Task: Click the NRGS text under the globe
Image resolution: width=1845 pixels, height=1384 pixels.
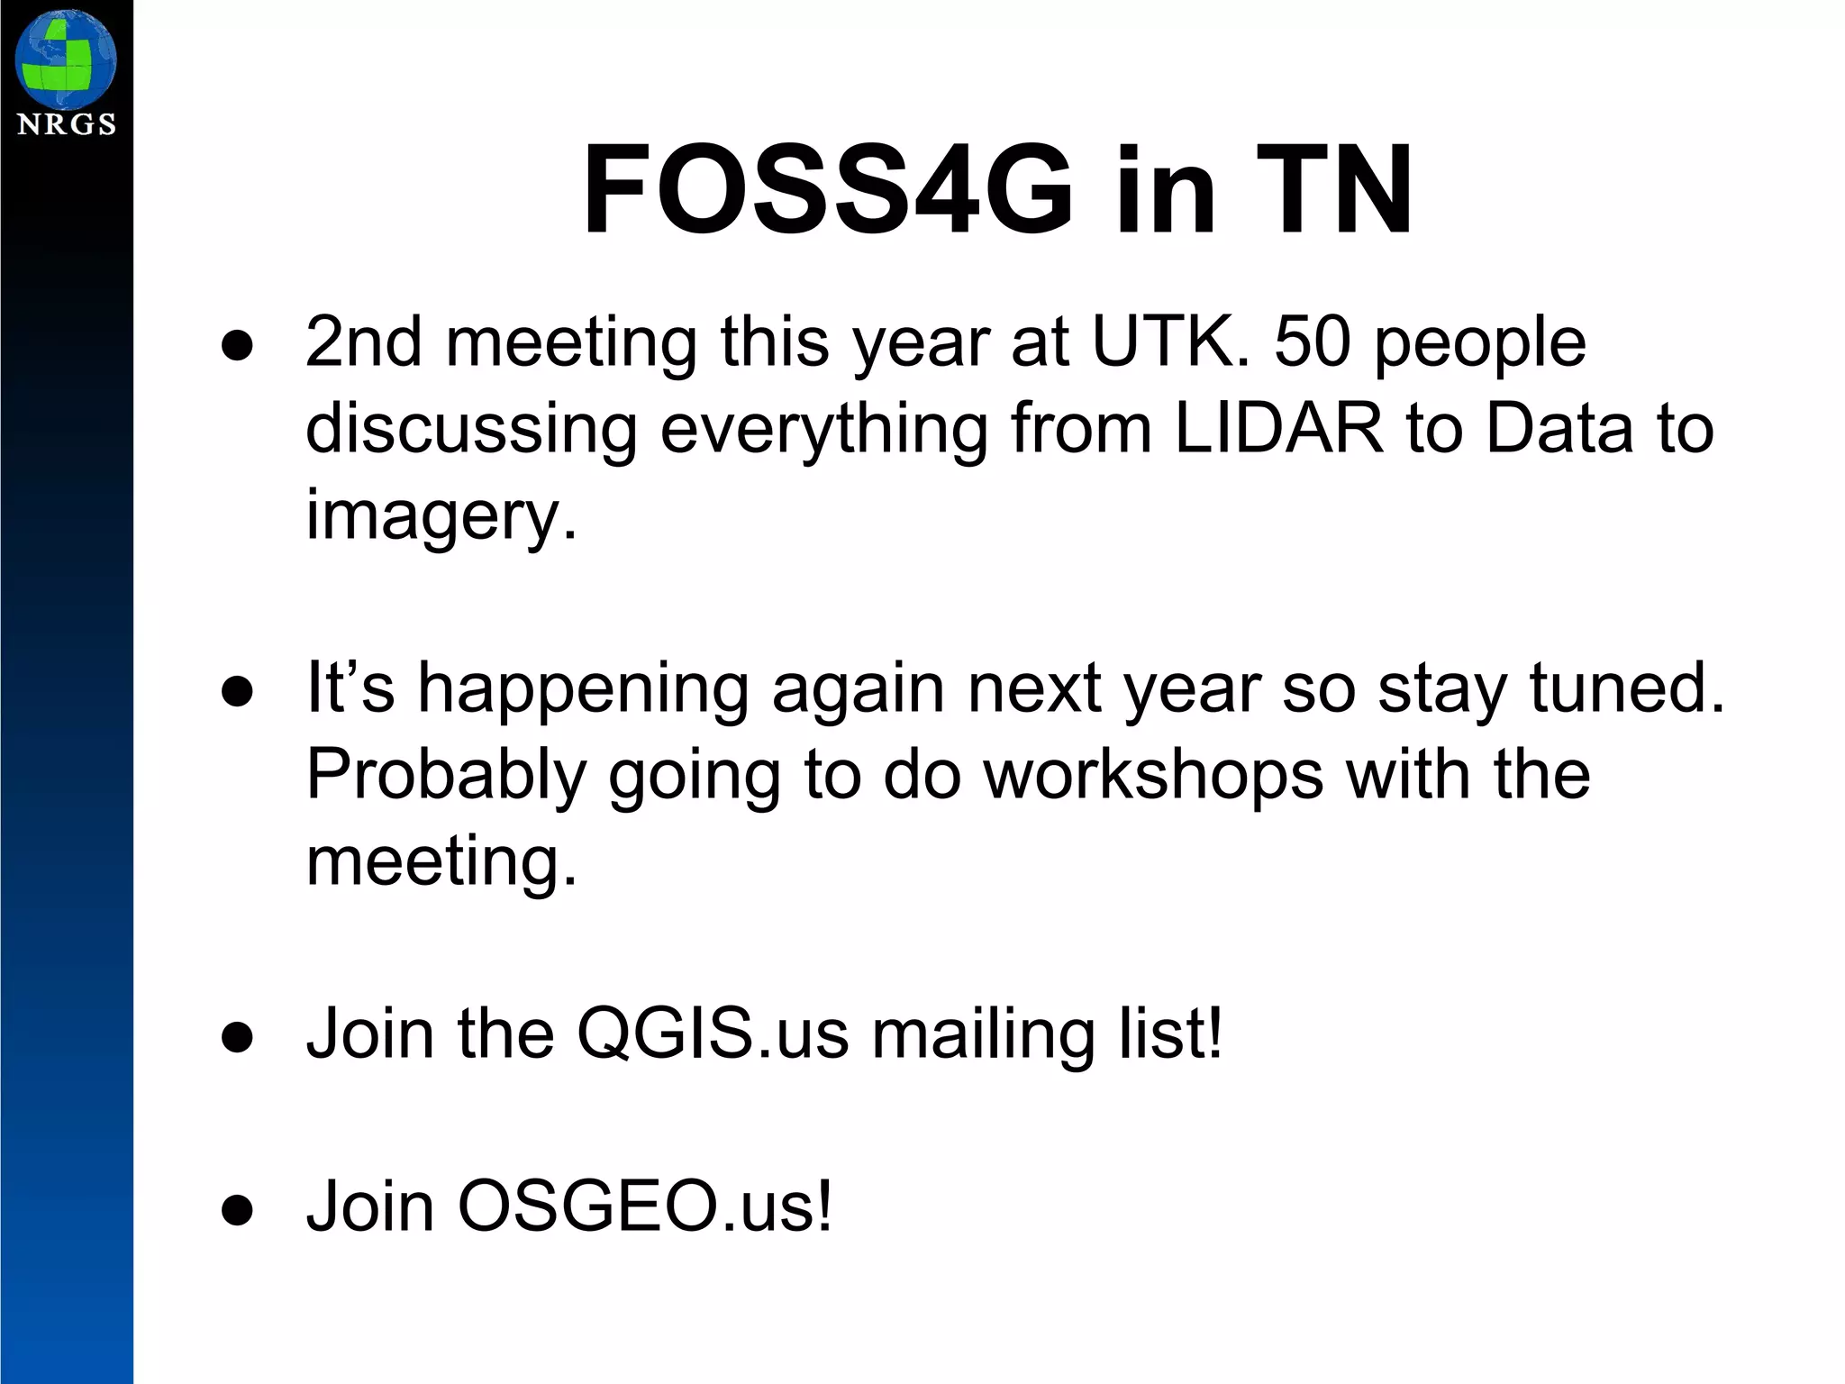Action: pos(67,124)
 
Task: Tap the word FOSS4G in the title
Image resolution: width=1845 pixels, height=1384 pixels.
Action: pos(828,190)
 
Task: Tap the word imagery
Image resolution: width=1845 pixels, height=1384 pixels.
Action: pos(441,515)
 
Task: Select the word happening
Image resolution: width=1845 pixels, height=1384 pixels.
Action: pos(582,689)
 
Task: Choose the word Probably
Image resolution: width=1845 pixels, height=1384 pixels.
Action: pos(446,775)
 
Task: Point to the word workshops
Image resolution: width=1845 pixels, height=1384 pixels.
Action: pos(1152,775)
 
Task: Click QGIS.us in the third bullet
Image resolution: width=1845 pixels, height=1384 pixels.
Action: pos(713,1033)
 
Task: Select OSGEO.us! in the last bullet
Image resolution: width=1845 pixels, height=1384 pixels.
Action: pos(645,1206)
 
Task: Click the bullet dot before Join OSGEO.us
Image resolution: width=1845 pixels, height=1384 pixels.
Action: pos(237,1210)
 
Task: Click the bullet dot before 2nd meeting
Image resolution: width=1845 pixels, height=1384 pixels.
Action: pos(237,347)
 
